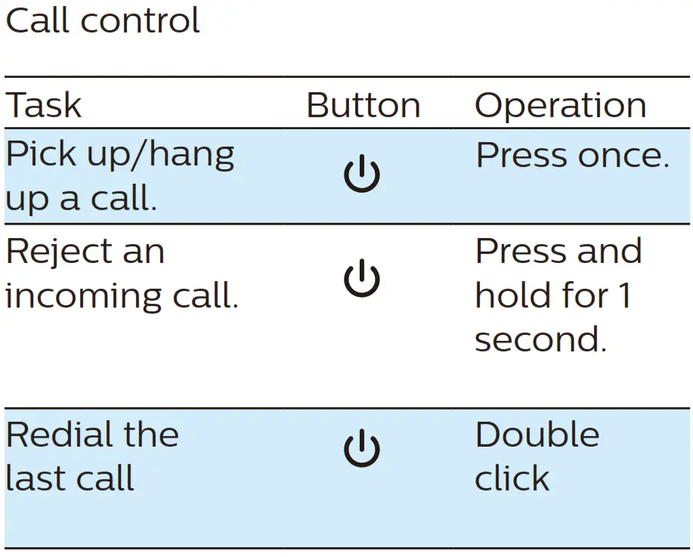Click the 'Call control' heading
102,21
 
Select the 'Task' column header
43,106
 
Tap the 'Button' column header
363,106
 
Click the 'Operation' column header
560,106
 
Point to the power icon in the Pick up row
362,175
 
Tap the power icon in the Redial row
362,449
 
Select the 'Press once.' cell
572,156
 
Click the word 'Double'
537,435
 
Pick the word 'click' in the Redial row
512,478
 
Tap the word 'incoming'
82,296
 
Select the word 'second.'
540,339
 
